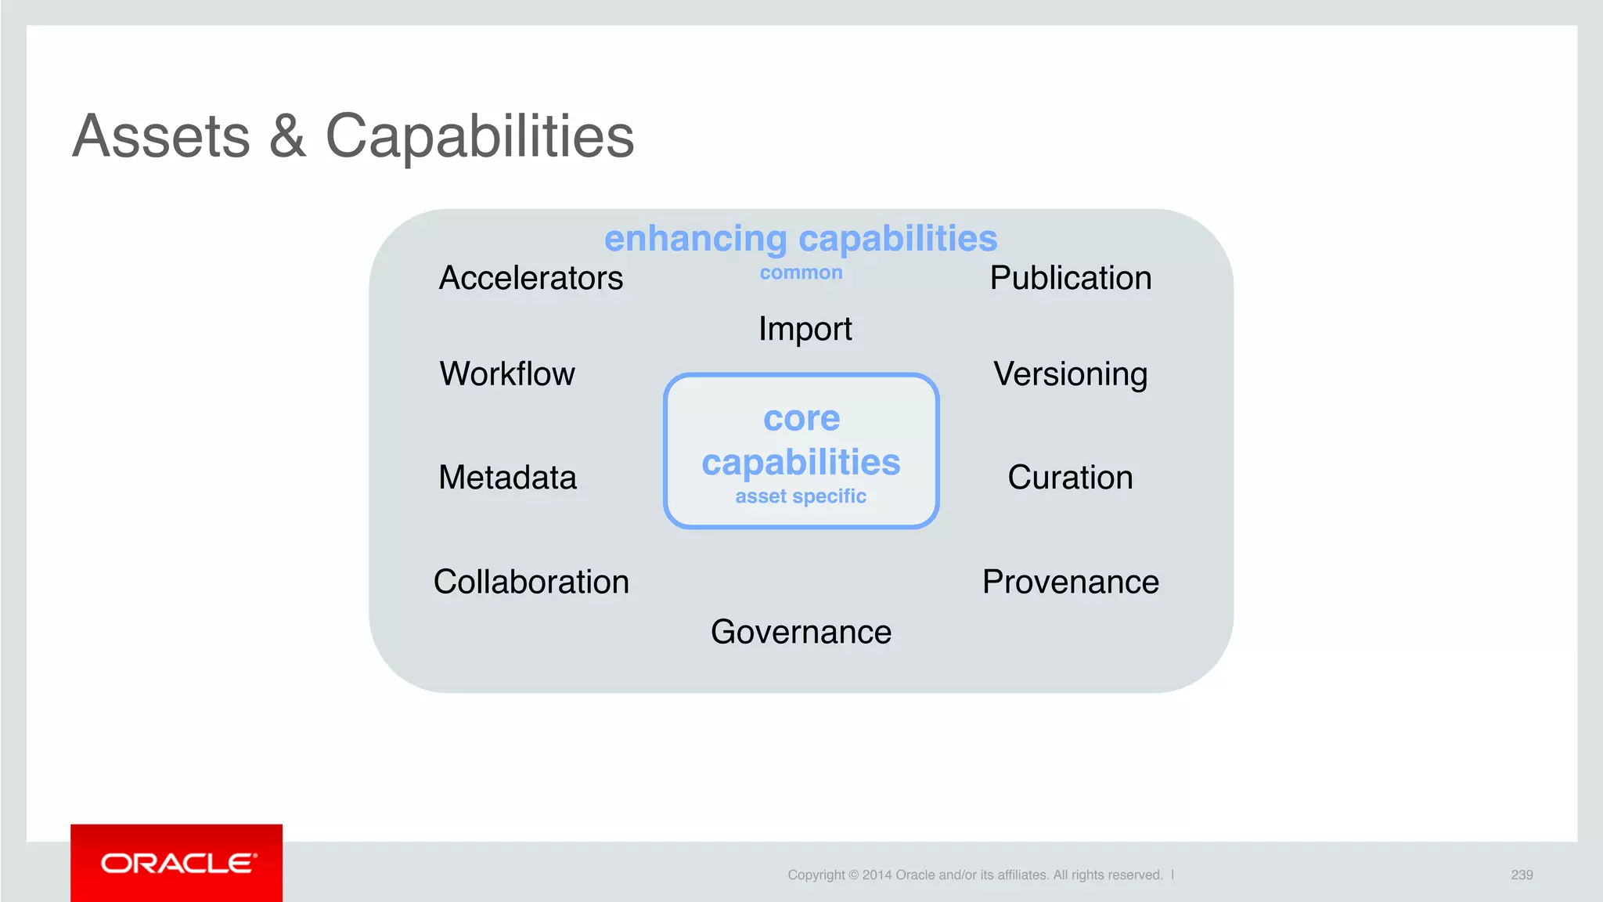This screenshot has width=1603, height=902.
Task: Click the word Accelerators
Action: click(x=531, y=278)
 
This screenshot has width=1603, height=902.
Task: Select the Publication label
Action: click(x=1070, y=278)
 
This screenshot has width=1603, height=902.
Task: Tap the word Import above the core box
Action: click(x=805, y=329)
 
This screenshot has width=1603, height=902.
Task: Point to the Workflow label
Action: click(x=507, y=373)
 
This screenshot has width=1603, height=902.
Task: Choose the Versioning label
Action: click(x=1070, y=374)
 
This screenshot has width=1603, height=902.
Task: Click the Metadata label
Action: click(x=507, y=477)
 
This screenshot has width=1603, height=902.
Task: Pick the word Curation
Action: click(x=1070, y=477)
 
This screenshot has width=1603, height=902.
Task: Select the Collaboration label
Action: click(x=531, y=582)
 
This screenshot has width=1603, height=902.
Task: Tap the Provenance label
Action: click(x=1070, y=582)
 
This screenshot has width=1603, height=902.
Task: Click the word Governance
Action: click(x=801, y=632)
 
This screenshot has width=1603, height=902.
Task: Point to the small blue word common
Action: click(x=801, y=272)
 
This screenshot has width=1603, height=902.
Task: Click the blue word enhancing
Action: click(x=695, y=239)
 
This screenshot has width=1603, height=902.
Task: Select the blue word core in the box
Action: click(x=801, y=418)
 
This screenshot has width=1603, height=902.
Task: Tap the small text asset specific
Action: click(x=801, y=496)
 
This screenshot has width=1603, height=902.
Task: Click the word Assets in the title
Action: click(x=161, y=136)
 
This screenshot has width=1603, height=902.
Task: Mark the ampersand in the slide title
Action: click(x=287, y=136)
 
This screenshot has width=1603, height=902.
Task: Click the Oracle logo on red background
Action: click(x=177, y=863)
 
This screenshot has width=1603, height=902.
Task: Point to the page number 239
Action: click(x=1522, y=875)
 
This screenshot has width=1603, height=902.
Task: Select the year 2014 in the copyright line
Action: click(x=877, y=875)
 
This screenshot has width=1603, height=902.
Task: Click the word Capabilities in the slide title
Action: click(x=479, y=136)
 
